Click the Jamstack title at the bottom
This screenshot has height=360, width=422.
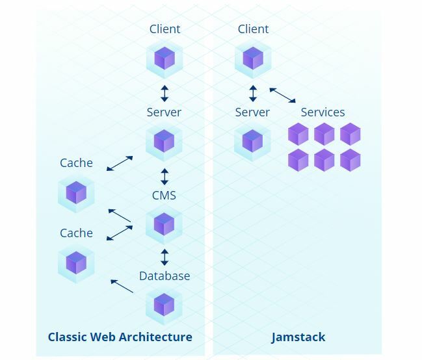click(x=298, y=337)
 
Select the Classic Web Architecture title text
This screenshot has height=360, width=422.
click(x=120, y=337)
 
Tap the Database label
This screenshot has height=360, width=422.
click(x=165, y=276)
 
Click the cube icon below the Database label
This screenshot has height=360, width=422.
click(x=164, y=304)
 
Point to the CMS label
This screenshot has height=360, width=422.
click(x=164, y=196)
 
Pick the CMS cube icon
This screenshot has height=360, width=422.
click(x=164, y=224)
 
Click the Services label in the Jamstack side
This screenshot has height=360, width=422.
click(x=323, y=112)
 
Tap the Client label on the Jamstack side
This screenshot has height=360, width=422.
click(x=253, y=29)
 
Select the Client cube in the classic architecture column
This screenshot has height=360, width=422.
click(x=164, y=58)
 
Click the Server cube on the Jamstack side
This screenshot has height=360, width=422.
click(x=252, y=140)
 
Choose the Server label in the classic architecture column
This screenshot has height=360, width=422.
click(x=164, y=112)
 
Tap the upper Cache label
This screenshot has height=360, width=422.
click(x=76, y=163)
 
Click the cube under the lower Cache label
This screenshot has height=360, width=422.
click(x=76, y=263)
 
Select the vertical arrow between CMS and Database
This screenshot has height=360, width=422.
click(x=165, y=256)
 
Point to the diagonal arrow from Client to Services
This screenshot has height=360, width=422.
click(x=282, y=95)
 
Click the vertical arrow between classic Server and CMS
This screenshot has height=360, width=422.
click(x=165, y=176)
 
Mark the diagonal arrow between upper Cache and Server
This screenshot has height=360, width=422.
click(x=120, y=163)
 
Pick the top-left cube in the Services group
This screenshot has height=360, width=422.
click(x=298, y=135)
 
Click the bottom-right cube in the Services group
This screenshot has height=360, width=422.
click(x=350, y=160)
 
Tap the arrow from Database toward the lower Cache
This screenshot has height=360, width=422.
click(x=122, y=286)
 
